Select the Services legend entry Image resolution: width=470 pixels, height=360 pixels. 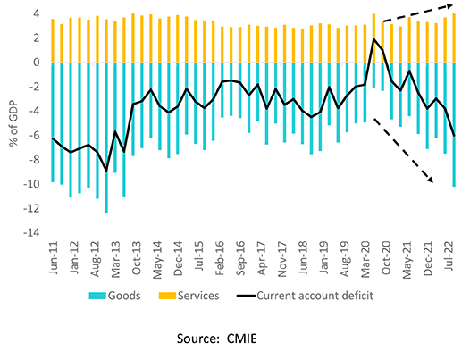(192, 293)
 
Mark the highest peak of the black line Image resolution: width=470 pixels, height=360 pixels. (373, 39)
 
